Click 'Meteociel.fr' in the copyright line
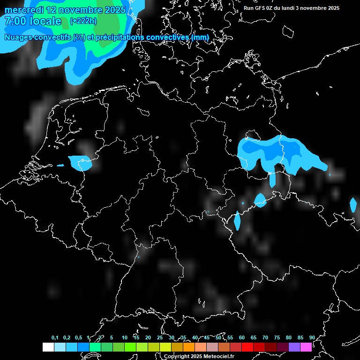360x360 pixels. [215, 357]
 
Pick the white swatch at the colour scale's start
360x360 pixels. [48, 347]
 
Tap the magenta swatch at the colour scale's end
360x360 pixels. [306, 347]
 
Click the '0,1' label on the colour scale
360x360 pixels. [55, 338]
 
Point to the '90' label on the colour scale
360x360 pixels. [312, 338]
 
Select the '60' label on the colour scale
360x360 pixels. [241, 338]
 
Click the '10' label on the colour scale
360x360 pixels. [124, 338]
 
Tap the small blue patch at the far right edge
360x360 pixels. [353, 205]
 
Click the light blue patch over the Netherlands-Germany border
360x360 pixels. [80, 162]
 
